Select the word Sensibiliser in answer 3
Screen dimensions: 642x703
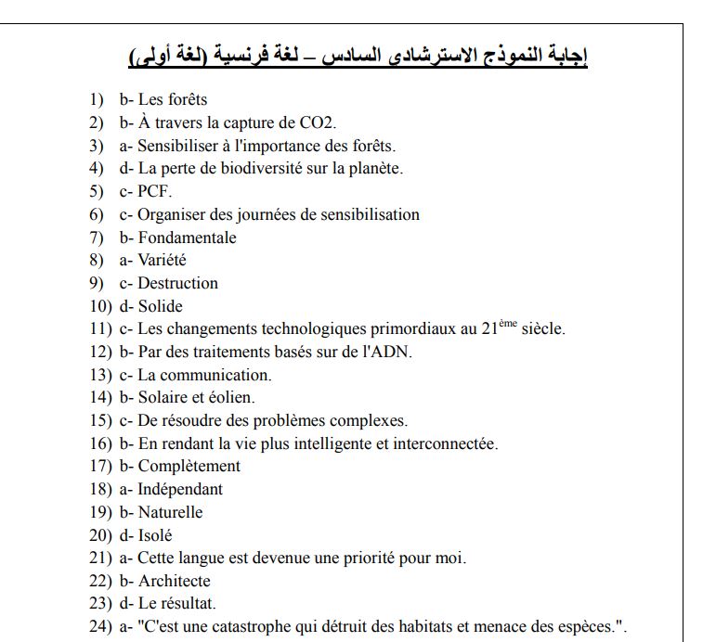(x=182, y=146)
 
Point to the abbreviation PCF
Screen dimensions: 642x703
(x=153, y=191)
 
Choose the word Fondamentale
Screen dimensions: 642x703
(x=187, y=238)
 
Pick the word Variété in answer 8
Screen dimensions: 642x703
(x=162, y=261)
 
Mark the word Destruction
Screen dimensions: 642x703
(x=177, y=283)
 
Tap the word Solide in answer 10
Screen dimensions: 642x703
(x=161, y=306)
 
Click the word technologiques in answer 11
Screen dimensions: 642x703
(x=310, y=329)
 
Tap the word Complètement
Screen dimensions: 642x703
(x=189, y=466)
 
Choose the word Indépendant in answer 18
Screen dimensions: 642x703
(x=180, y=489)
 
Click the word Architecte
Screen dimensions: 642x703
(x=175, y=581)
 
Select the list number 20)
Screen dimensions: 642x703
(x=99, y=535)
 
